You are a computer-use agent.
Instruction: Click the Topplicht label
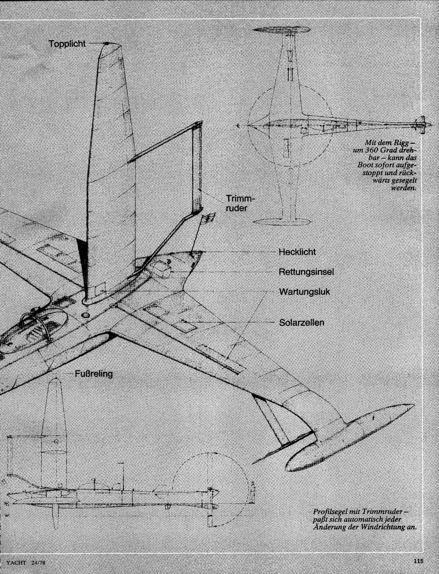[x=67, y=44]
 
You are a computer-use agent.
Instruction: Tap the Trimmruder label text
[x=239, y=204]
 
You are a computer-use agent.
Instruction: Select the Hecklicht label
[x=297, y=252]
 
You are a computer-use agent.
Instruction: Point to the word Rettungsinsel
[x=306, y=272]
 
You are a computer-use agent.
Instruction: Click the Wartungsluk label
[x=305, y=292]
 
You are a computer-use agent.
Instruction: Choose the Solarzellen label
[x=301, y=323]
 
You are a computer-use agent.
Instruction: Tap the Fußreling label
[x=93, y=374]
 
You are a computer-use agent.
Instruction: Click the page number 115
[x=419, y=560]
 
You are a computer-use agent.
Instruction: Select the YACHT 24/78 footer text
[x=24, y=562]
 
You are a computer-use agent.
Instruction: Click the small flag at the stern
[x=207, y=219]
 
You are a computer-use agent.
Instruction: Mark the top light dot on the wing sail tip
[x=106, y=44]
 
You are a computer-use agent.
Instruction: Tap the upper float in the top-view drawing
[x=282, y=29]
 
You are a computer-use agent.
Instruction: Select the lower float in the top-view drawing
[x=281, y=222]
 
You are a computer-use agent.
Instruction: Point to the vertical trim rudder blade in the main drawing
[x=197, y=168]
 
